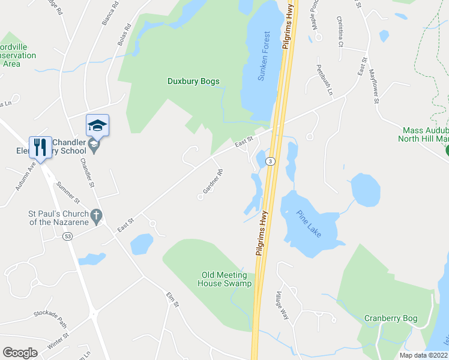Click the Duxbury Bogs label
point(193,81)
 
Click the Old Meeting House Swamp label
point(224,279)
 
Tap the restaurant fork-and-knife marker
point(40,146)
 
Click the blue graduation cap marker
point(97,125)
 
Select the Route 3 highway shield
point(271,161)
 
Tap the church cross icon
point(95,214)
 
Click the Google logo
point(20,353)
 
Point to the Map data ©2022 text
point(423,355)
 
